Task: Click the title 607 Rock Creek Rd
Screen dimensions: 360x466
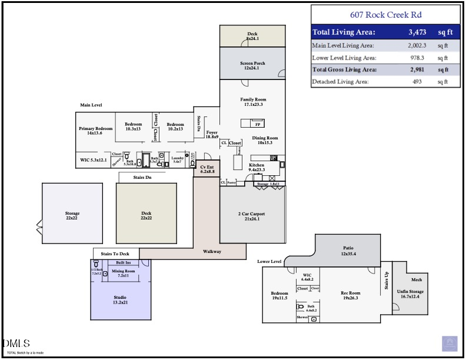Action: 385,14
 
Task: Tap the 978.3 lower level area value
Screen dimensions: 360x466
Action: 419,58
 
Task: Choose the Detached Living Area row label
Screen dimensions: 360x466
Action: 341,82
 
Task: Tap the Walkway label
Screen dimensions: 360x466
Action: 212,252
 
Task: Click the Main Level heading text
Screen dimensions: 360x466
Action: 91,105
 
